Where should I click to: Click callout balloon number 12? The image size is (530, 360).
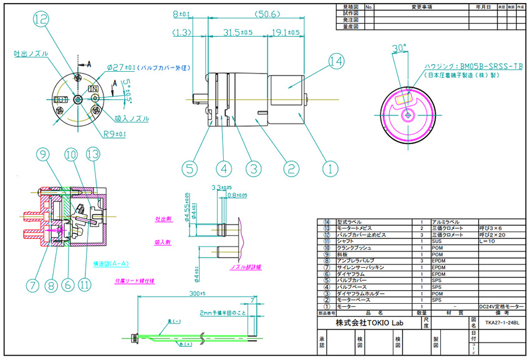pos(41,20)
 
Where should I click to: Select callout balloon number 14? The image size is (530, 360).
pos(337,61)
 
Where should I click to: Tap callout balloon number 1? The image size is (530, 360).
pos(330,167)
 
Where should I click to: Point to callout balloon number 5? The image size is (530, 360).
pos(191,167)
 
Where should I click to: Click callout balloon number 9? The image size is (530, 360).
pos(42,155)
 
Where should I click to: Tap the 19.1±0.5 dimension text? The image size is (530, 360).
pos(286,32)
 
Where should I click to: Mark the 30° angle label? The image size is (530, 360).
pos(399,48)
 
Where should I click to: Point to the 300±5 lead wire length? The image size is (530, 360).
pos(198,293)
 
